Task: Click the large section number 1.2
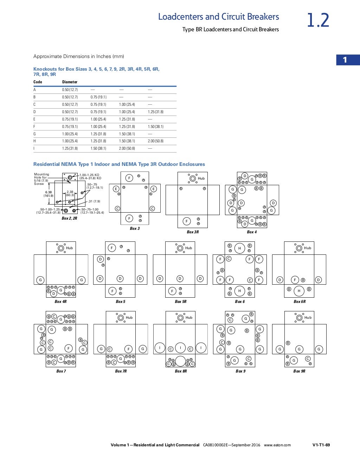pyautogui.click(x=318, y=20)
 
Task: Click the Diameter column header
pyautogui.click(x=70, y=82)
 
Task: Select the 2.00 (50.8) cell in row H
pyautogui.click(x=156, y=141)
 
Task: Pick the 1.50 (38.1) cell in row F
pyautogui.click(x=156, y=127)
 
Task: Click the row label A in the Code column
pyautogui.click(x=34, y=90)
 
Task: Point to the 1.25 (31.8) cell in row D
pyautogui.click(x=156, y=112)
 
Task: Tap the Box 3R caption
pyautogui.click(x=193, y=232)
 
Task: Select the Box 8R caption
pyautogui.click(x=181, y=371)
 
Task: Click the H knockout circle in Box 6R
pyautogui.click(x=299, y=291)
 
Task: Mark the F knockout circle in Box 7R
pyautogui.click(x=129, y=349)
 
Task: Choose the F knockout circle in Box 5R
pyautogui.click(x=172, y=291)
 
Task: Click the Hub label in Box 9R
pyautogui.click(x=308, y=317)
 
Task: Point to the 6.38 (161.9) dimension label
pyautogui.click(x=49, y=194)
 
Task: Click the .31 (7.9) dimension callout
pyautogui.click(x=94, y=201)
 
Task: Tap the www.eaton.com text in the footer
pyautogui.click(x=277, y=445)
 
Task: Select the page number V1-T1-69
pyautogui.click(x=321, y=445)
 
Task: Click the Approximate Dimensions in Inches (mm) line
pyautogui.click(x=78, y=56)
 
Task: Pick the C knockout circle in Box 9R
pyautogui.click(x=308, y=359)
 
